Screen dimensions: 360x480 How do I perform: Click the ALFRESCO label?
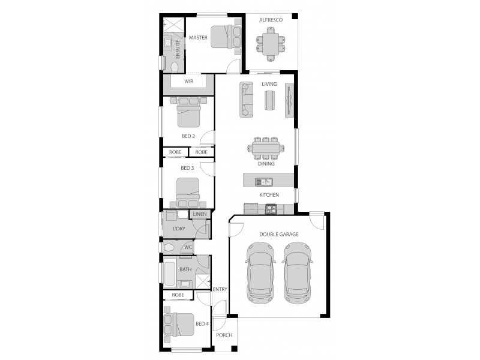(x=271, y=20)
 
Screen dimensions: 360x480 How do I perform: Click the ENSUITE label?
(x=177, y=48)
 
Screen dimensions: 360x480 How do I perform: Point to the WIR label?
(x=188, y=80)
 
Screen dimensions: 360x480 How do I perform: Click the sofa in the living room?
(x=246, y=99)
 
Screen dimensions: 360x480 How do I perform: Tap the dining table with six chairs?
(x=266, y=147)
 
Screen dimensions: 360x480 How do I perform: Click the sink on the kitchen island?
(x=264, y=181)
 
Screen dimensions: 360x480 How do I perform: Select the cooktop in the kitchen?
(x=270, y=209)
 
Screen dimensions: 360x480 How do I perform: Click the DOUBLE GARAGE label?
(x=278, y=234)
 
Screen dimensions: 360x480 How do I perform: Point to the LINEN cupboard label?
(x=199, y=214)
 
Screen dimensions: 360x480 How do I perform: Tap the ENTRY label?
(x=220, y=290)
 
